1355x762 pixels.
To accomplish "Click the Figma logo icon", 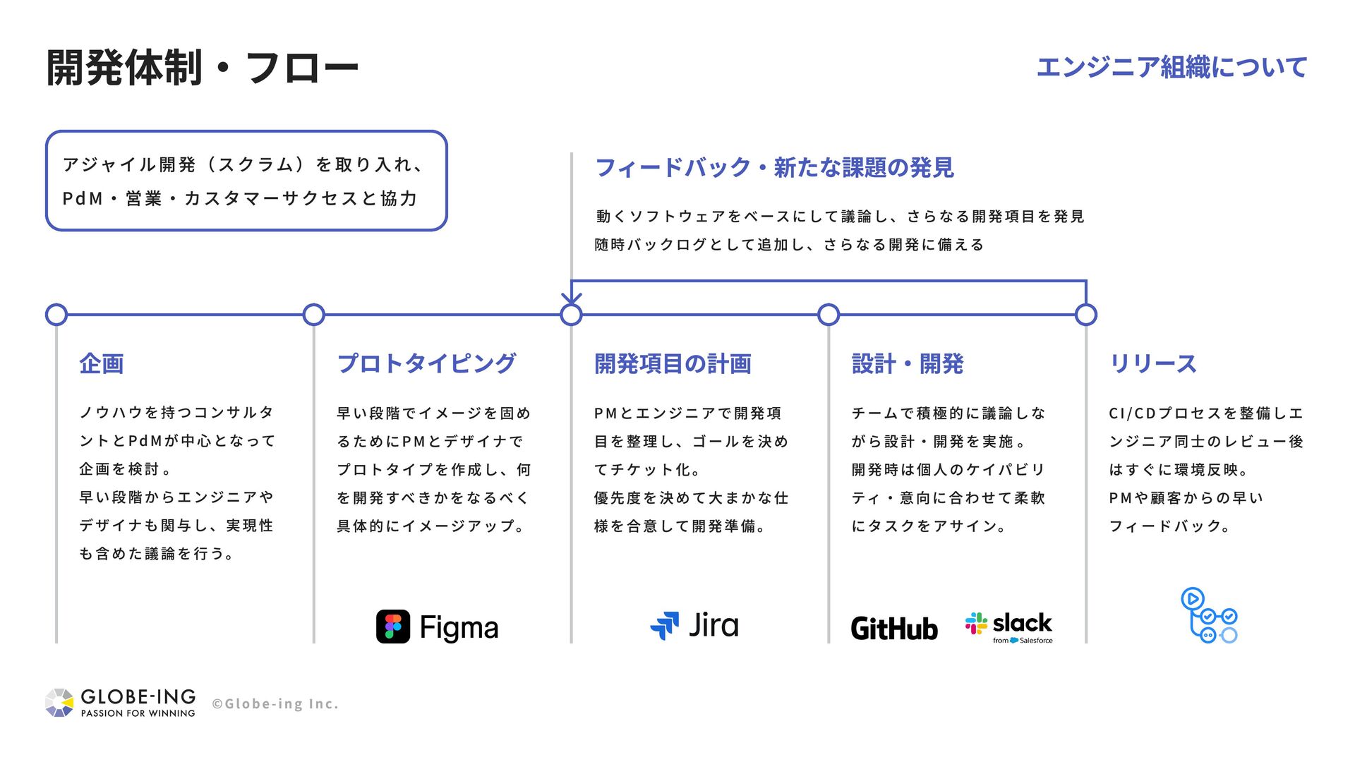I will click(x=392, y=627).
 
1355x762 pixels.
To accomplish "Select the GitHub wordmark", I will click(x=894, y=628).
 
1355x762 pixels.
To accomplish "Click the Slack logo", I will click(x=1009, y=626).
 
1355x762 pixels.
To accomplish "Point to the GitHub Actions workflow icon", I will click(x=1209, y=616).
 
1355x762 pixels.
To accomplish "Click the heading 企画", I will click(x=102, y=364).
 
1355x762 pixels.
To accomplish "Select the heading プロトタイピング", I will click(x=426, y=364).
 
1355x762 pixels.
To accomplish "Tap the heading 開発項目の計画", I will click(x=673, y=364).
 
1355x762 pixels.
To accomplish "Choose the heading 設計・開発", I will click(x=908, y=364).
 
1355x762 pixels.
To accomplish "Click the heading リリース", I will click(x=1153, y=364).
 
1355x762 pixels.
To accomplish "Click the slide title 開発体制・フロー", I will click(x=203, y=68).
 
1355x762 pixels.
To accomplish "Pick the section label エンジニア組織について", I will click(x=1172, y=68).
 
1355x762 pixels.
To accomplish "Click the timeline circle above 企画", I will click(x=56, y=315).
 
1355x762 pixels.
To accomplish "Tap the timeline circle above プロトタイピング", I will click(x=313, y=315).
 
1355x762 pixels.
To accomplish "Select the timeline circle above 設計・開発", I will click(x=829, y=315).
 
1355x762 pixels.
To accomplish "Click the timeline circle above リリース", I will click(x=1086, y=315).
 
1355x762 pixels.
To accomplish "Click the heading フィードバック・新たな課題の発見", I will click(x=775, y=168).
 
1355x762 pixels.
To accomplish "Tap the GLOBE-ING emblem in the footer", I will click(x=59, y=703).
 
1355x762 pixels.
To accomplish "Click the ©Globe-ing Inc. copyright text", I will click(x=275, y=704).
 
